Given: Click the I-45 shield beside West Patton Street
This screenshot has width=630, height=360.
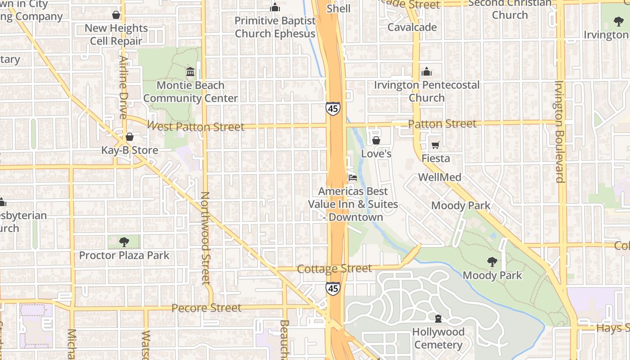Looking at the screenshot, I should click(x=333, y=108).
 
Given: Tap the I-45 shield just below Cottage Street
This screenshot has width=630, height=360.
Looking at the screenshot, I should click(x=333, y=288).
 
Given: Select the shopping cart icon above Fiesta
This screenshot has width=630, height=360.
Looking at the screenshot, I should click(x=435, y=145).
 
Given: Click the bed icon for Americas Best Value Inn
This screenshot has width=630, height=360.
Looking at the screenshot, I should click(x=353, y=178).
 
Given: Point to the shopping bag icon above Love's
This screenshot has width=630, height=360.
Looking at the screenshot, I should click(x=376, y=141).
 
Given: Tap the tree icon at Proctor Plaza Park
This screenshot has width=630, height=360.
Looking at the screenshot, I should click(x=124, y=242).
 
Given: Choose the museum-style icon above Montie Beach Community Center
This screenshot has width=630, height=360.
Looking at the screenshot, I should click(x=190, y=72).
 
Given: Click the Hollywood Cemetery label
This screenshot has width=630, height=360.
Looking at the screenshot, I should click(x=438, y=338).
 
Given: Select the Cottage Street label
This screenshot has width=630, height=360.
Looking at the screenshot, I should click(x=334, y=269).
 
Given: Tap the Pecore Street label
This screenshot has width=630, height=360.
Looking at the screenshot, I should click(x=207, y=308).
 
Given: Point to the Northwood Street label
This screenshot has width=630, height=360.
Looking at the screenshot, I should click(x=205, y=238).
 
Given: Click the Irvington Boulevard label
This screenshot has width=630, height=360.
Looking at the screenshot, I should click(x=559, y=131).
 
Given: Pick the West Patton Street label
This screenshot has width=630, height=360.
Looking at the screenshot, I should click(x=196, y=126).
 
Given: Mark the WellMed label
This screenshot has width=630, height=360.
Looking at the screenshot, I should click(x=440, y=177).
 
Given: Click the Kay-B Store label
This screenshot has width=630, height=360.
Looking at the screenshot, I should click(x=130, y=150).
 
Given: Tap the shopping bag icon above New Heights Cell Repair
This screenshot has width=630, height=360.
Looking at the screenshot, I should click(x=116, y=15).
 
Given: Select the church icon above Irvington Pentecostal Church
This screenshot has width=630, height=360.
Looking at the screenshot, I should click(x=427, y=72).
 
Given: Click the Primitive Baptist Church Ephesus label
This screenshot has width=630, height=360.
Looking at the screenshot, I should click(x=275, y=27).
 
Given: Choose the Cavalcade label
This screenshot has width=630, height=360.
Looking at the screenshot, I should click(x=412, y=27).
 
